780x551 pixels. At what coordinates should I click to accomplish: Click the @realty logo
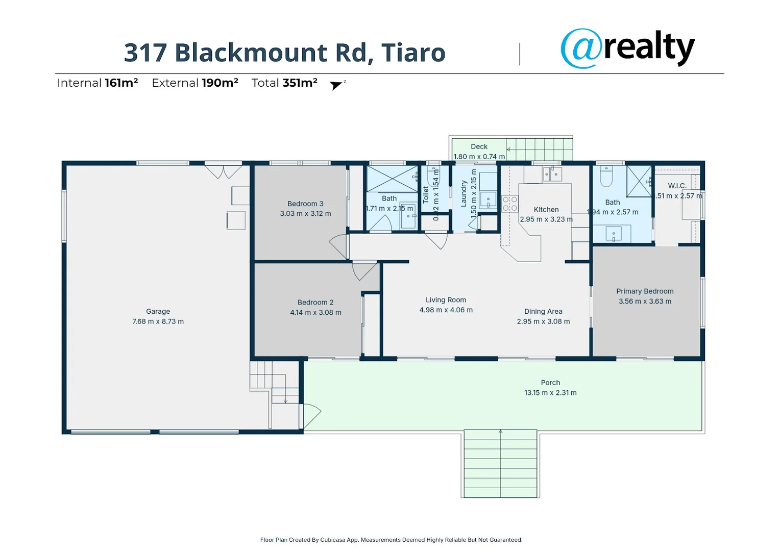[x=627, y=48]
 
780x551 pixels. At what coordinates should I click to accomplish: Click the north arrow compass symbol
[x=336, y=85]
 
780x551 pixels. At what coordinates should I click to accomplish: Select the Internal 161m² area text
[x=97, y=83]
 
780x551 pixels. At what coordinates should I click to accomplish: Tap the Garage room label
[x=158, y=311]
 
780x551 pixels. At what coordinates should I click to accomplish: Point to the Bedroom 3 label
[x=305, y=204]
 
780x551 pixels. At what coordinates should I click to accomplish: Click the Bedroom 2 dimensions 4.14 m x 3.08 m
[x=315, y=312]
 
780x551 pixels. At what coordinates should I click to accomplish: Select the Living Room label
[x=446, y=300]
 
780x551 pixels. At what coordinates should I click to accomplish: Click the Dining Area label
[x=543, y=311]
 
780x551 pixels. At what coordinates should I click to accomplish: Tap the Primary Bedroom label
[x=645, y=291]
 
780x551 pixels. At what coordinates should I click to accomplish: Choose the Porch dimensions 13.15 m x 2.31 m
[x=550, y=393]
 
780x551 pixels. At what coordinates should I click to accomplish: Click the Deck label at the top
[x=479, y=146]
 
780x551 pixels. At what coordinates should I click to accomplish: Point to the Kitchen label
[x=546, y=210]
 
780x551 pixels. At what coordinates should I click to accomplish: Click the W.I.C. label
[x=677, y=186]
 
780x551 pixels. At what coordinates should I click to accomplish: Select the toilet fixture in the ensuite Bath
[x=606, y=177]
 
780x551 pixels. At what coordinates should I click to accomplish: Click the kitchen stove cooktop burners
[x=509, y=204]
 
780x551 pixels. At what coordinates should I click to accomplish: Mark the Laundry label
[x=464, y=193]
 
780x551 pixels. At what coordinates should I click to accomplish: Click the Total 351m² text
[x=284, y=83]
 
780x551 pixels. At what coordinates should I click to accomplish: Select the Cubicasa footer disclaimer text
[x=391, y=540]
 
